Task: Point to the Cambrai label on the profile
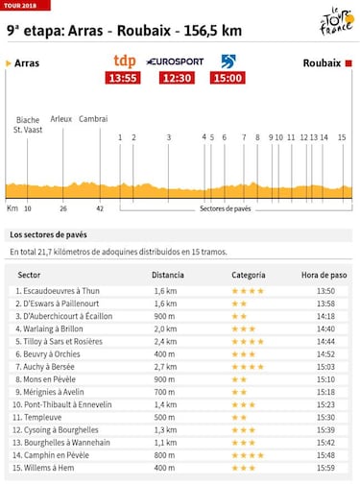pyautogui.click(x=93, y=119)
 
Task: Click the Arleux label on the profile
pyautogui.click(x=60, y=119)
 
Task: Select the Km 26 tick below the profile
pyautogui.click(x=63, y=207)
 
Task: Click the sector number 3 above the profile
pyautogui.click(x=168, y=137)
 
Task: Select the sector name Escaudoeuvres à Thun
pyautogui.click(x=63, y=290)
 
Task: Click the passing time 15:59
pyautogui.click(x=325, y=468)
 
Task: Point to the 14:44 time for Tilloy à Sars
pyautogui.click(x=325, y=341)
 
